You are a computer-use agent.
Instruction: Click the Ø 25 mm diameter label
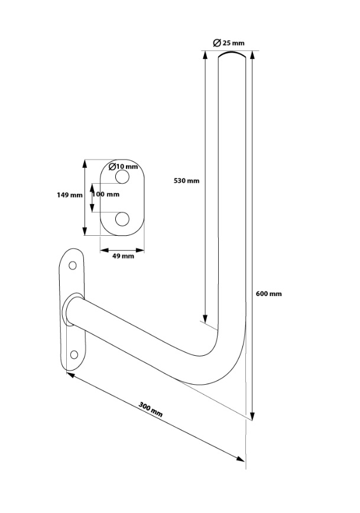coord(228,43)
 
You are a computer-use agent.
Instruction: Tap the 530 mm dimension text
coord(186,181)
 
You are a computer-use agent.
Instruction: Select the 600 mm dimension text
coord(269,294)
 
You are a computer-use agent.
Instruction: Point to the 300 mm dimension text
coord(151,410)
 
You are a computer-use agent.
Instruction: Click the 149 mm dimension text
coord(70,195)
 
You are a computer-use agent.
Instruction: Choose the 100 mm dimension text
coord(106,194)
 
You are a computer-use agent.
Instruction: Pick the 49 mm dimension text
coord(123,256)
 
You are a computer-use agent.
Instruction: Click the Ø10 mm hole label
coord(123,166)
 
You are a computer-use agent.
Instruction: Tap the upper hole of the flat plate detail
coord(122,177)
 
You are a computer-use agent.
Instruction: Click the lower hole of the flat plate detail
coord(122,219)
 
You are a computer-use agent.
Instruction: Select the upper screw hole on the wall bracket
coord(73,265)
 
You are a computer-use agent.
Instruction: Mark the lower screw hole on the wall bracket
coord(74,355)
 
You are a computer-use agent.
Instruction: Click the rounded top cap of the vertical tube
coord(232,54)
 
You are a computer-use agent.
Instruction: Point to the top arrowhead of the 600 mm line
coord(252,55)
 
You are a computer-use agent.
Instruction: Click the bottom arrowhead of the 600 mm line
coord(252,416)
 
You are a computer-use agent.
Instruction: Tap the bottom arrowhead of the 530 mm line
coord(205,319)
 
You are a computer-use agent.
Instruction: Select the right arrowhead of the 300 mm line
coord(241,459)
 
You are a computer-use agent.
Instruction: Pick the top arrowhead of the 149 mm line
coord(85,164)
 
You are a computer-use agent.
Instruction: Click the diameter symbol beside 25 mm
coord(217,43)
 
